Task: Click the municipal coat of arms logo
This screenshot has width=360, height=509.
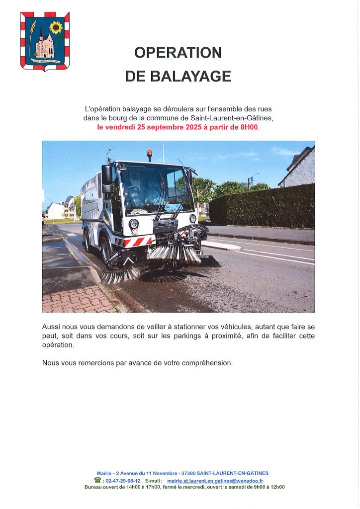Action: click(45, 41)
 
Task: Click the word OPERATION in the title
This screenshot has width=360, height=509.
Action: click(178, 53)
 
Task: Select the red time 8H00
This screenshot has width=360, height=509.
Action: click(249, 127)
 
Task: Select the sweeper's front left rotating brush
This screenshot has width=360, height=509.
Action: click(120, 273)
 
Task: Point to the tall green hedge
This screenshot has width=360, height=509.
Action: click(264, 206)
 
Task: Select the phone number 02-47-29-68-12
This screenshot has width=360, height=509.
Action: click(122, 481)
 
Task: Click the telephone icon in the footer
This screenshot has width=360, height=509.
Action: click(97, 480)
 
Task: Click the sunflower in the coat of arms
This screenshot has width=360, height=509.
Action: click(56, 28)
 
